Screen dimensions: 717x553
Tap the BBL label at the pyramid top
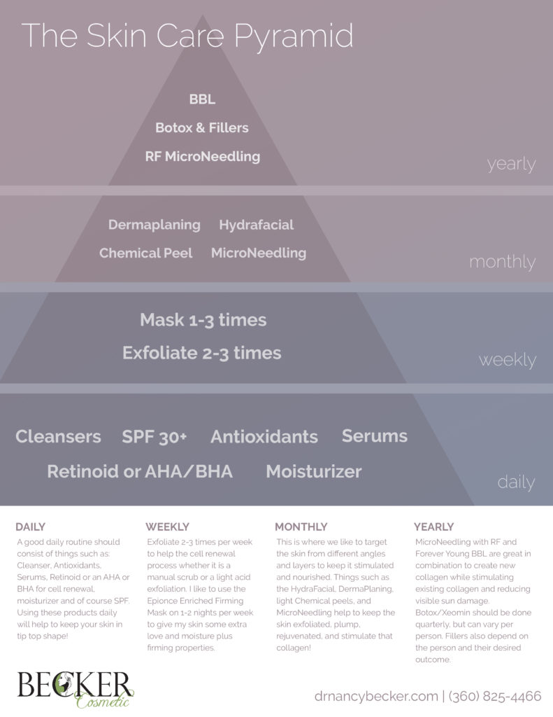202,100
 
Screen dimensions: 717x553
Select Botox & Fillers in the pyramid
202,128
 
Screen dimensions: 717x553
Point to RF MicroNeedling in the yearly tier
202,157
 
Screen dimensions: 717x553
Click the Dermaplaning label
154,225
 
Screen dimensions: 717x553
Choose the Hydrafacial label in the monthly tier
256,225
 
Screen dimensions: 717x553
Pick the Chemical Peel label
145,253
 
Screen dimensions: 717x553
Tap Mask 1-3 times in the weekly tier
203,320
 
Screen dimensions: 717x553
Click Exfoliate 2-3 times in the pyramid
201,353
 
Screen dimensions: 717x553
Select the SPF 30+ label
155,437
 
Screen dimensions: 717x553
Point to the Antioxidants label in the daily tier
264,437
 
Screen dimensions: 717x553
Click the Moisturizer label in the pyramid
313,471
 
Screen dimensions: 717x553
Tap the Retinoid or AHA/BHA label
140,471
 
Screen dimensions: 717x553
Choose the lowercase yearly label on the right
511,165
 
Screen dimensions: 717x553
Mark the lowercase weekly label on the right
507,360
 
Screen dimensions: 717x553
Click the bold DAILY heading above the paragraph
30,527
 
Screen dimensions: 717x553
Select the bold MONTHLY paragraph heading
301,527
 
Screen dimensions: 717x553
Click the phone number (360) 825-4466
494,696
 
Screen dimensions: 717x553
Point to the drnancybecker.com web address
375,696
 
